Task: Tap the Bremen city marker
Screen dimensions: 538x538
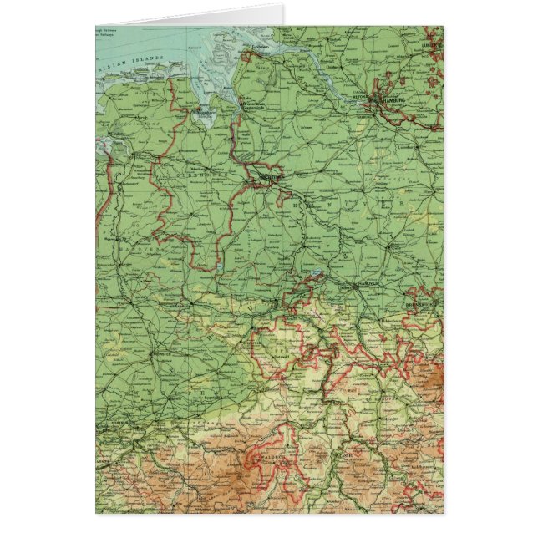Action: click(x=269, y=177)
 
